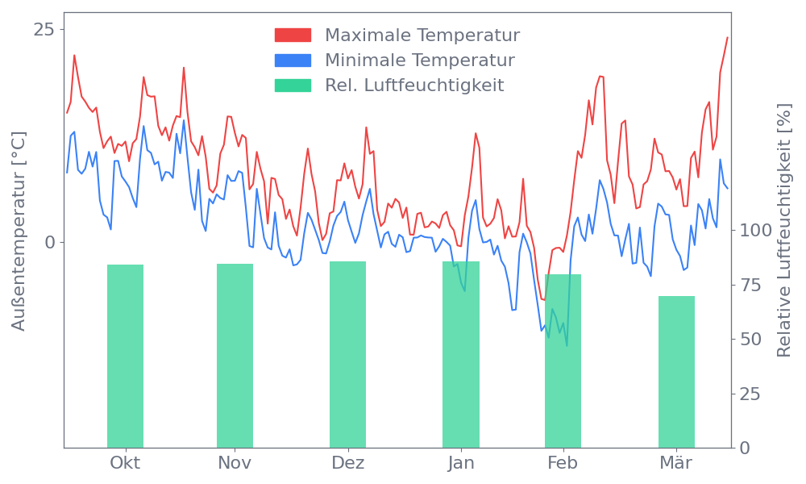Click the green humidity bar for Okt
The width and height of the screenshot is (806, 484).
pos(125,356)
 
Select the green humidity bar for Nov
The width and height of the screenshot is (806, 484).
pos(235,355)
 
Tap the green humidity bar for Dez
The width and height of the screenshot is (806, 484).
pos(347,354)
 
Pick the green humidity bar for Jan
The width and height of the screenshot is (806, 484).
pos(461,354)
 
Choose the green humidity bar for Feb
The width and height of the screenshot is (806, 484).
pos(563,361)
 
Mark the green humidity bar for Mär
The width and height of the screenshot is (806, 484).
pos(676,371)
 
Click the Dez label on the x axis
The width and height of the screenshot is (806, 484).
pos(347,463)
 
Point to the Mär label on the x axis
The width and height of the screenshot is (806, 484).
pos(676,463)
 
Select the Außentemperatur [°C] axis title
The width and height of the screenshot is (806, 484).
pos(19,231)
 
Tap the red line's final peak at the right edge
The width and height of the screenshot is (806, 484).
pos(727,37)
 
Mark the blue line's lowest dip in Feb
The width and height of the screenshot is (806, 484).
pos(567,345)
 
